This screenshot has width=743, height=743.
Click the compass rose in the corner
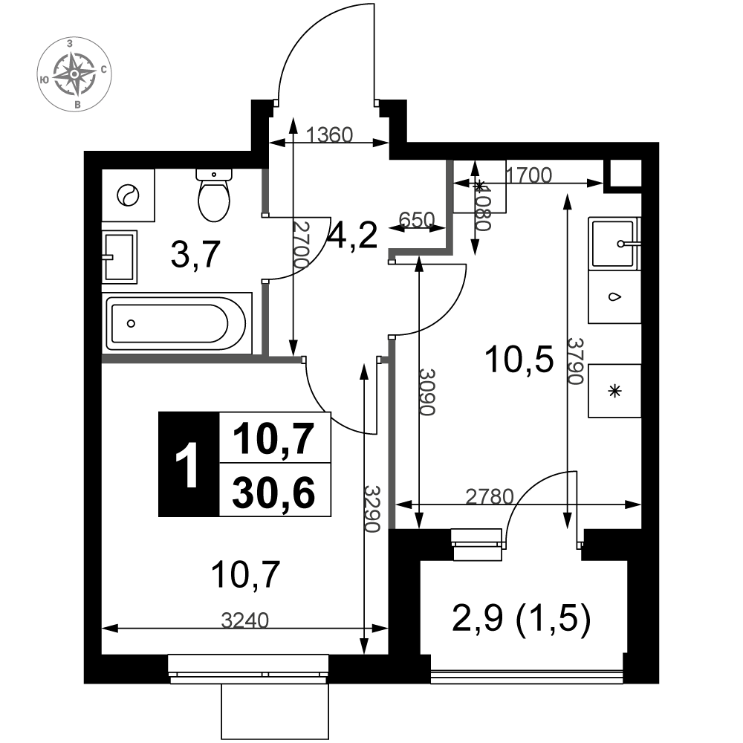(x=74, y=74)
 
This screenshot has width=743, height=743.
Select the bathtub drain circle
(x=132, y=324)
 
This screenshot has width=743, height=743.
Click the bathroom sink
(x=120, y=257)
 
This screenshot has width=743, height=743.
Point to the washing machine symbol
(x=129, y=195)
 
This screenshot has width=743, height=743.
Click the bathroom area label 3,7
(x=195, y=254)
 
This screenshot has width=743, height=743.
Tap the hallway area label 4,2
(x=354, y=236)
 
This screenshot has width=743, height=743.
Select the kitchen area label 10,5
(x=519, y=360)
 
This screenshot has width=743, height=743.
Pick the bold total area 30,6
(x=274, y=493)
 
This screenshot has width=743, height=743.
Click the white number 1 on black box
(x=188, y=464)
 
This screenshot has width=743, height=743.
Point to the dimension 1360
(x=329, y=135)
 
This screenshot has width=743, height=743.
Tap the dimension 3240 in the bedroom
(x=245, y=620)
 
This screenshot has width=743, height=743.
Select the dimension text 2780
(x=490, y=496)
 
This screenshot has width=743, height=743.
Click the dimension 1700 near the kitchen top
(x=529, y=175)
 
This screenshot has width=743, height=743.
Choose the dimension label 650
(x=417, y=219)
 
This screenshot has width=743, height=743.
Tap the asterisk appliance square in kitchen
(x=614, y=391)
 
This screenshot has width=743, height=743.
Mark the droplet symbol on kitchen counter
(x=614, y=297)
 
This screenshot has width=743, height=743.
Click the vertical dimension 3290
(x=372, y=508)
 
